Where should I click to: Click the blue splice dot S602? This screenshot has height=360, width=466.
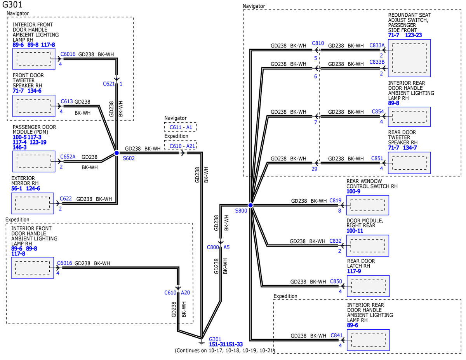point(116,153)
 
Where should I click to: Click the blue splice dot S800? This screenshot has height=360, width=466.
point(250,205)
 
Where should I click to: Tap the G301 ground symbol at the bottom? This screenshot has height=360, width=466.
point(202,343)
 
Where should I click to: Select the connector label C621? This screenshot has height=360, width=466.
point(109,84)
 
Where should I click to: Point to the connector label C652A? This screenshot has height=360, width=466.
point(68,157)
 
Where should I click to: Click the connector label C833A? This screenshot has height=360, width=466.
point(377,45)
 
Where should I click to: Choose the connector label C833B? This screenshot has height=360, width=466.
point(377,62)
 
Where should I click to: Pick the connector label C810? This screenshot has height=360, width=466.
point(318,43)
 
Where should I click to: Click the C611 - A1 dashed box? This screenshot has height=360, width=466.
point(180,127)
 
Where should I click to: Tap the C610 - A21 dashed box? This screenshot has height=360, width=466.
point(180,145)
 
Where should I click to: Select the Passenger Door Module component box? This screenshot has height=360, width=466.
point(34,162)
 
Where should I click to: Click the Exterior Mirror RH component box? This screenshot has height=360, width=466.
point(32,203)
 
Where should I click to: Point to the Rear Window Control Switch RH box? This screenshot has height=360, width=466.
point(368,205)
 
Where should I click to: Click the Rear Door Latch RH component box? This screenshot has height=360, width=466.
point(368,286)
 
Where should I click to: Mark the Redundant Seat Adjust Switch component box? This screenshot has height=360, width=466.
point(409,58)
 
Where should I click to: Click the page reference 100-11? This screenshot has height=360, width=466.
point(355,231)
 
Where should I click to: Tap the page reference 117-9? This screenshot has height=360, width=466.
point(354,271)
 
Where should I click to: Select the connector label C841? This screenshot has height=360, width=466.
point(336,336)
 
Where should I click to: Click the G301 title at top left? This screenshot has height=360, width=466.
point(12,4)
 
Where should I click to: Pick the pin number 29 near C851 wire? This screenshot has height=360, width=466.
point(315,169)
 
